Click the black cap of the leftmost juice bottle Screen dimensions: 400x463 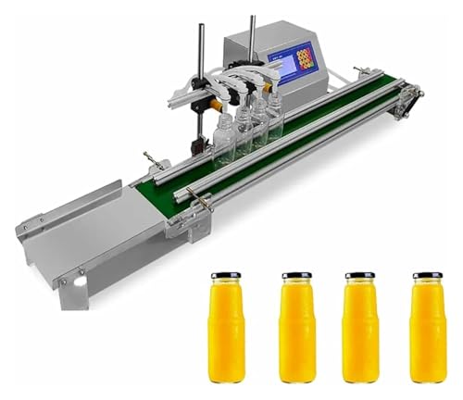(226, 276)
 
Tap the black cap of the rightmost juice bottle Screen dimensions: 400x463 (426, 276)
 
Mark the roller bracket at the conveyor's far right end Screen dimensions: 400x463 (405, 102)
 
